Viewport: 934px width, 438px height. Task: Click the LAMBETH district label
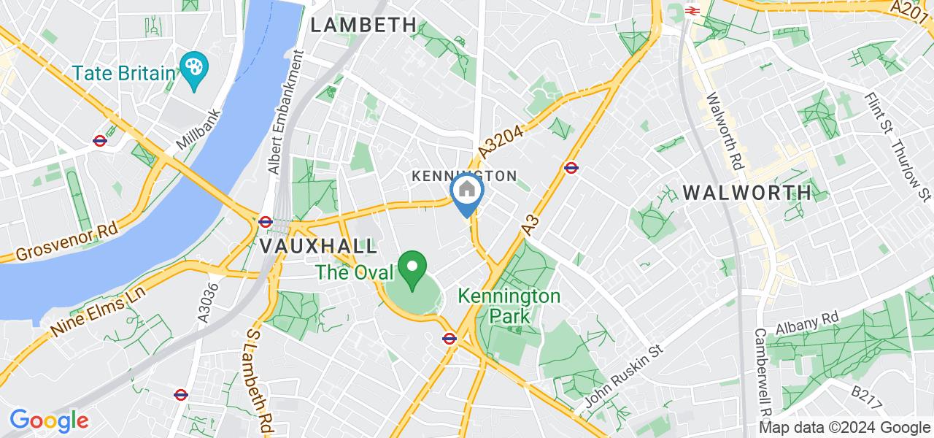tap(363, 25)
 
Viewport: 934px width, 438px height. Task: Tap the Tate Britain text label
tap(123, 73)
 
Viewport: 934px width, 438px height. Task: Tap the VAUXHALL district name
tap(319, 245)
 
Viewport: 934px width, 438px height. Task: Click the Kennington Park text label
tap(509, 306)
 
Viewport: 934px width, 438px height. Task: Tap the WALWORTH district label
tap(746, 193)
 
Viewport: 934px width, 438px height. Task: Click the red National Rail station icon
tap(692, 10)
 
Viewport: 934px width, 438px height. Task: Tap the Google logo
tap(49, 420)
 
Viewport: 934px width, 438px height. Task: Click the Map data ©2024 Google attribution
tap(844, 428)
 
